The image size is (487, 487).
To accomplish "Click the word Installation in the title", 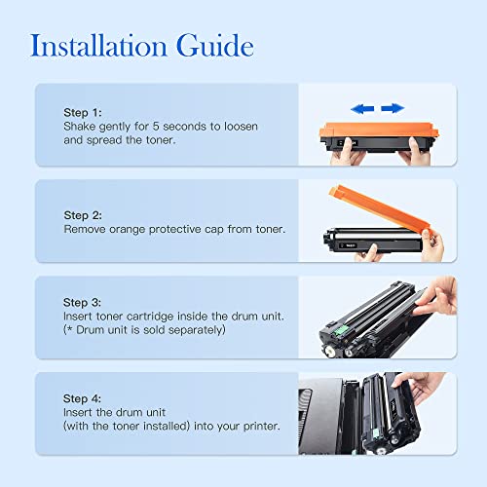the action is [x=98, y=46].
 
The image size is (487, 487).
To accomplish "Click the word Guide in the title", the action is [x=215, y=46].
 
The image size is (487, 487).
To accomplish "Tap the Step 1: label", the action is [x=83, y=113].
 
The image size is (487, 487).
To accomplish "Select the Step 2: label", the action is [x=83, y=215].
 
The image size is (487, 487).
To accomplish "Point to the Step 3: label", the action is [x=82, y=303].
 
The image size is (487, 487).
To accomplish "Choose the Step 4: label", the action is [x=82, y=398].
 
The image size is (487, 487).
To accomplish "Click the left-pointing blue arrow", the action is [x=362, y=108].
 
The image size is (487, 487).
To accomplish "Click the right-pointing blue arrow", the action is [x=393, y=108].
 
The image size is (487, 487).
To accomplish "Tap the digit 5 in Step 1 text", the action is [x=156, y=127].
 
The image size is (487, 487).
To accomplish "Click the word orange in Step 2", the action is [x=127, y=230].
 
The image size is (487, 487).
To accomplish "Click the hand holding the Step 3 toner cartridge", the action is [x=437, y=297].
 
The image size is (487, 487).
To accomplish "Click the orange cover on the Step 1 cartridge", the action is [x=379, y=131].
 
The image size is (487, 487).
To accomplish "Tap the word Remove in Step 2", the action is [x=85, y=229].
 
